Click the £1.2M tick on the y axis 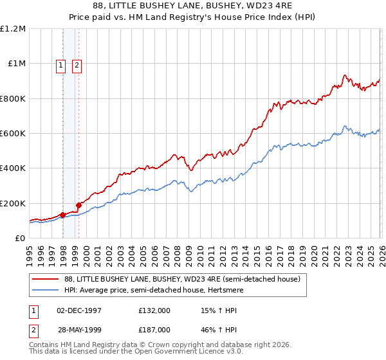click(13, 29)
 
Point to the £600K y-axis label click(13, 134)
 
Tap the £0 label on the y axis click(19, 239)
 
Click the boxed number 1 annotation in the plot click(60, 65)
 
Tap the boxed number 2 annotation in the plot click(77, 65)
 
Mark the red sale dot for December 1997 click(63, 215)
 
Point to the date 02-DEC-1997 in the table click(79, 310)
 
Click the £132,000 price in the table click(154, 310)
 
